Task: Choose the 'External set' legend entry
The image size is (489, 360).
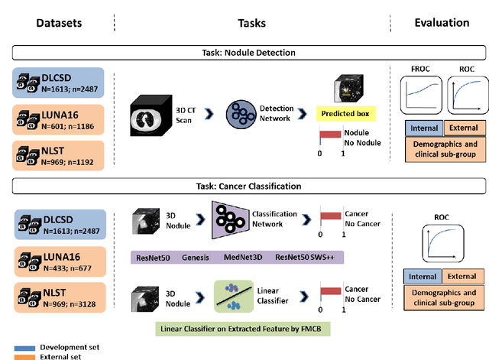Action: [x=54, y=355]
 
